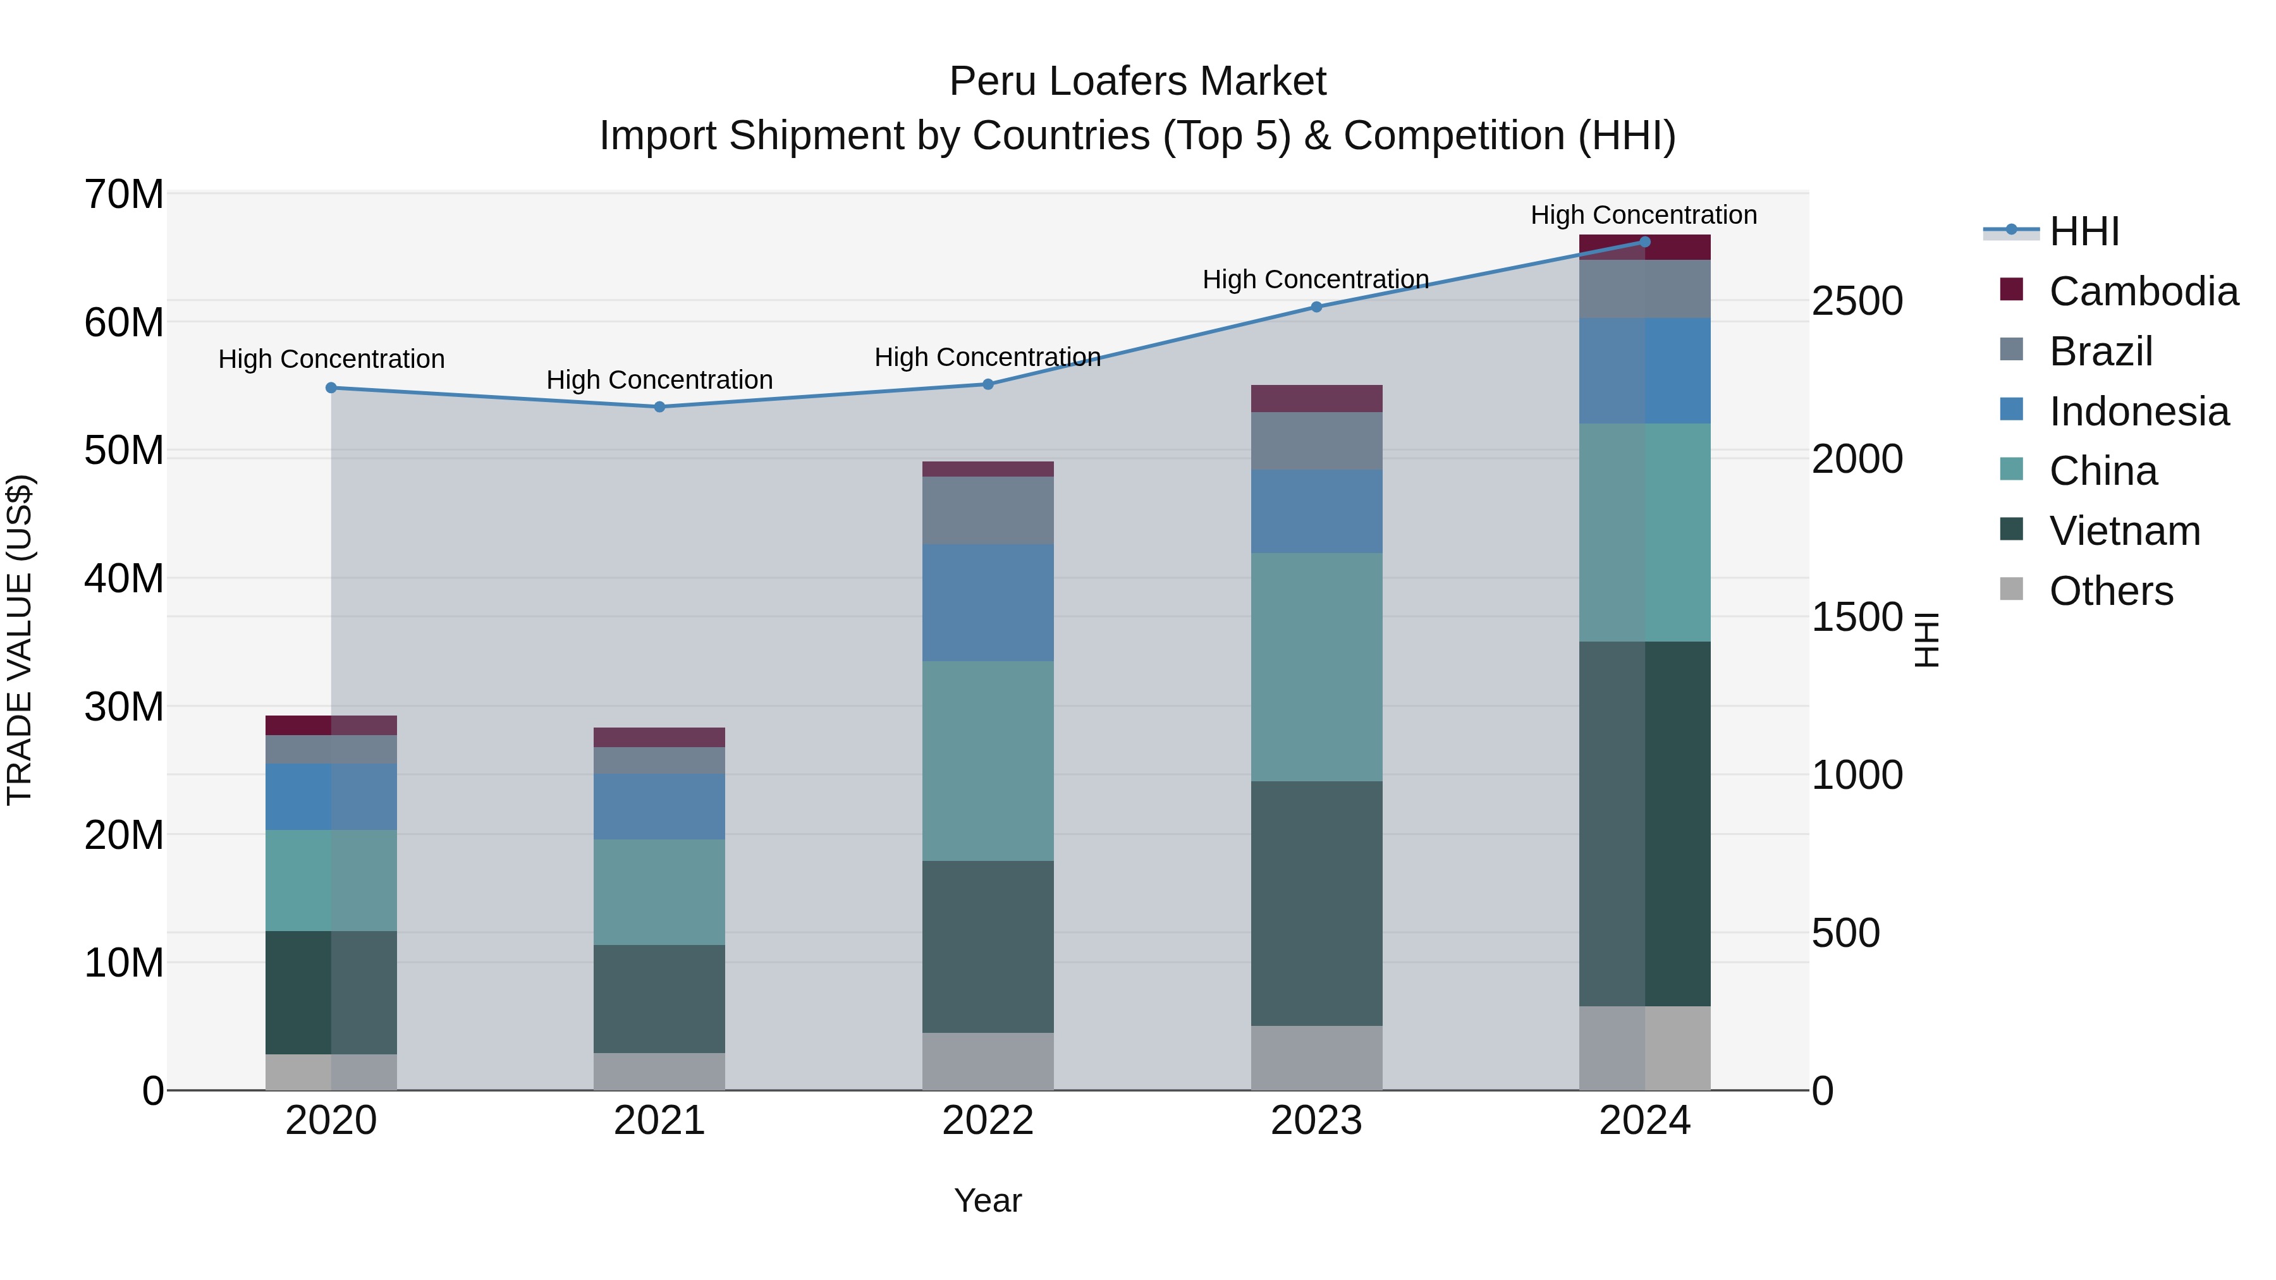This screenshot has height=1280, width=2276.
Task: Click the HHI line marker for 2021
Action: [x=659, y=407]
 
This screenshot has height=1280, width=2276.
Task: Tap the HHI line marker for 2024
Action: [x=1644, y=242]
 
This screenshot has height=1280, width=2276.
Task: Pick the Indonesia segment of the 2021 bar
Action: [x=659, y=807]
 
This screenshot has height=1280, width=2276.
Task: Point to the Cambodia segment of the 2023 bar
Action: [x=1316, y=398]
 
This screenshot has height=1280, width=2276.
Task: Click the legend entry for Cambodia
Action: [x=2143, y=291]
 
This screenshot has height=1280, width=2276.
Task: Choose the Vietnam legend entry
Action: [x=2124, y=531]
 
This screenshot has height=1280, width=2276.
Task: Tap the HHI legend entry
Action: [x=2083, y=231]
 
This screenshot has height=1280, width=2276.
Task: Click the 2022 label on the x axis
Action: [x=988, y=1121]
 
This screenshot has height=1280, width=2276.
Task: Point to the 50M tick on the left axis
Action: [x=124, y=451]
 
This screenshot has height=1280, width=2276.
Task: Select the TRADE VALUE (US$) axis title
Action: [x=20, y=640]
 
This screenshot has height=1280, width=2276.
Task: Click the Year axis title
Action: [x=988, y=1200]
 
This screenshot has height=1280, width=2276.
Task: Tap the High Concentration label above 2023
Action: [x=1316, y=279]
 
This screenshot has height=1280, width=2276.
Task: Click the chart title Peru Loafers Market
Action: [x=1137, y=82]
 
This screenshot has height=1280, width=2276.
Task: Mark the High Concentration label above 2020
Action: [x=331, y=358]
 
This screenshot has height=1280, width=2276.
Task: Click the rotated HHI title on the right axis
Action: [x=1927, y=640]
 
